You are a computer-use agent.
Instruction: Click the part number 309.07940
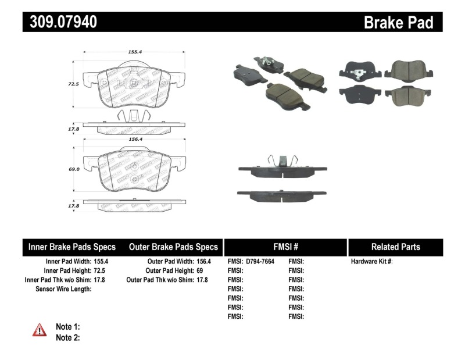click(x=60, y=22)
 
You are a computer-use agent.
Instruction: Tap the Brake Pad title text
click(x=398, y=23)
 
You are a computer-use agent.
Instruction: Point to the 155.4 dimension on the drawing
click(x=135, y=52)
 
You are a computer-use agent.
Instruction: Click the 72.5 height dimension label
click(x=73, y=84)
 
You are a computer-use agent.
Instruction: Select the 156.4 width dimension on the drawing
click(x=135, y=139)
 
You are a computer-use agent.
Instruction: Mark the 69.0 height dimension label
click(x=73, y=169)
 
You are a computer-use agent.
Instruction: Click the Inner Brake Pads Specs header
click(x=72, y=247)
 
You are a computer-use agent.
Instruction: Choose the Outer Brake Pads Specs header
click(x=173, y=247)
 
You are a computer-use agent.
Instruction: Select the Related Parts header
click(x=395, y=247)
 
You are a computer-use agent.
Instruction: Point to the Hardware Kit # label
click(x=371, y=262)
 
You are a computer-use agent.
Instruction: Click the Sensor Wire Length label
click(x=63, y=289)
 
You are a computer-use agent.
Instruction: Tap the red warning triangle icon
click(x=39, y=330)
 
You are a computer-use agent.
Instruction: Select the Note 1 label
click(x=67, y=327)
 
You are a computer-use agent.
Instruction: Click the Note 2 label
click(x=67, y=337)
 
